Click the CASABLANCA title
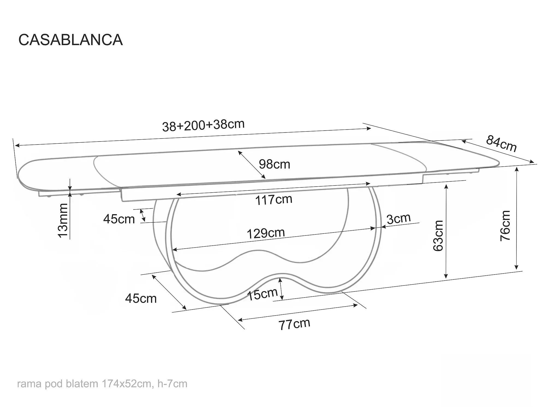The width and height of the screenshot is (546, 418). (70, 40)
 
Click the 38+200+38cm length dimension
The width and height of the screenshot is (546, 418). (203, 126)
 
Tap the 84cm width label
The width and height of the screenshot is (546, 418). (501, 144)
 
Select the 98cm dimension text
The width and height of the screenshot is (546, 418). (274, 164)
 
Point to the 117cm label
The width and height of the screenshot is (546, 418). (274, 200)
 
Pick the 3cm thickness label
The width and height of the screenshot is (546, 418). (399, 219)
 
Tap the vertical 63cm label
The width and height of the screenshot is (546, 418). (438, 236)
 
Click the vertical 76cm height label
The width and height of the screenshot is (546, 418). (505, 226)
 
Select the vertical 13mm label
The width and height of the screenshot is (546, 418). (63, 220)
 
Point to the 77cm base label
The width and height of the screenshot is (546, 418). (294, 324)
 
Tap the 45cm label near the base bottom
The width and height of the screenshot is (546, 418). (141, 299)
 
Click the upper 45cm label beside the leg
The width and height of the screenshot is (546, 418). (119, 219)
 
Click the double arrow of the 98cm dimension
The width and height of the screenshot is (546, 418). (251, 164)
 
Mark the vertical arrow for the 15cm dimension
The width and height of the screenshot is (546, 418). (281, 289)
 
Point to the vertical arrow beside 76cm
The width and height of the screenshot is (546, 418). (517, 219)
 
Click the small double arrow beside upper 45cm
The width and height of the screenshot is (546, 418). (143, 215)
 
